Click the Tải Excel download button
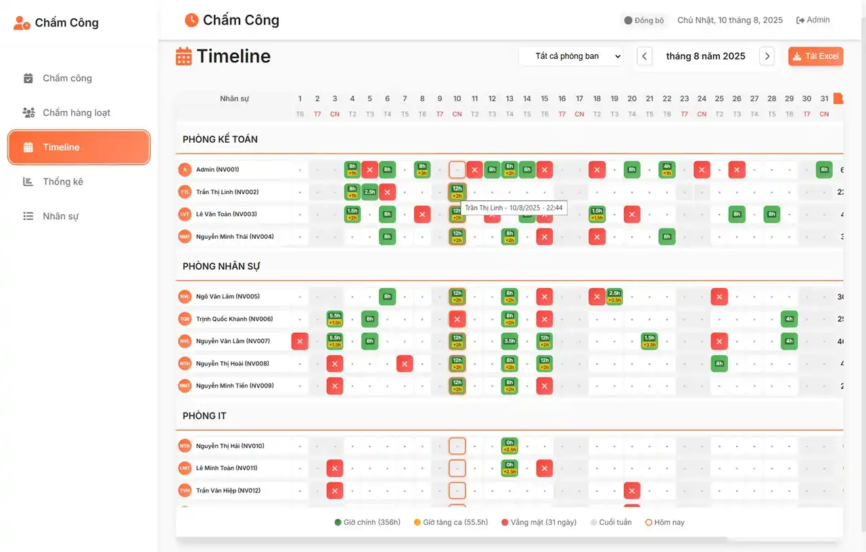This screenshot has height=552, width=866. (815, 56)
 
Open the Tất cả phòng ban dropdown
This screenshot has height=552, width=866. (570, 56)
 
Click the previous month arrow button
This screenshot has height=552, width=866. (645, 56)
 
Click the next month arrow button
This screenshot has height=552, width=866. (767, 56)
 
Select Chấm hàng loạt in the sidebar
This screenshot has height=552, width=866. (76, 113)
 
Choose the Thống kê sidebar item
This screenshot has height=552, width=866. (63, 182)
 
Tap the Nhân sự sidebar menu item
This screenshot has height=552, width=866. (61, 216)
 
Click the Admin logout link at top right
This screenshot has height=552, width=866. (813, 20)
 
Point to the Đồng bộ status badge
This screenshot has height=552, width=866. (643, 20)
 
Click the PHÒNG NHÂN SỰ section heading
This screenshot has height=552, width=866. (221, 267)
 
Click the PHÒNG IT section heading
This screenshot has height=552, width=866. (204, 416)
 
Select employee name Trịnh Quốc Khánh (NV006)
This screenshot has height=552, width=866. (234, 319)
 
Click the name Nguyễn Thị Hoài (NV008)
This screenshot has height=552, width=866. (232, 364)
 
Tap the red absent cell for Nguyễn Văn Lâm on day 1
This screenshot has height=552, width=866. (300, 342)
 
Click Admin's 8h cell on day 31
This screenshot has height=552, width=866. (824, 170)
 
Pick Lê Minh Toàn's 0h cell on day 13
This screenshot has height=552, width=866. (509, 468)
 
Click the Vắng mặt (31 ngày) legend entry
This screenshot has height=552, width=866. (539, 522)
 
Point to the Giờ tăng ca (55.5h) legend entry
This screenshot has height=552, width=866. (451, 522)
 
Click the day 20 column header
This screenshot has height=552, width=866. (632, 99)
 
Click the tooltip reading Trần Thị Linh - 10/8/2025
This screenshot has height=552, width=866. (514, 208)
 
